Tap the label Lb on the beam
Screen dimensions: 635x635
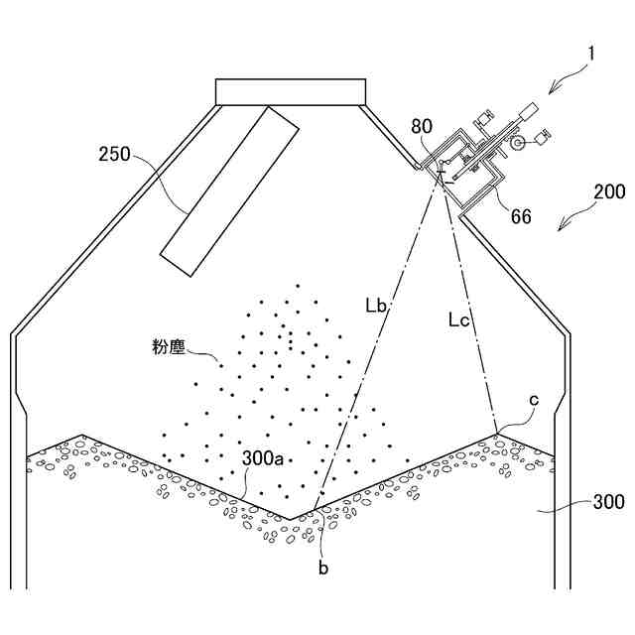point(376,306)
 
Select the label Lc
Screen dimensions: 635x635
point(459,319)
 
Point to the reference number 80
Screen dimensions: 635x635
point(423,126)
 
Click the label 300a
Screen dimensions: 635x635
point(264,457)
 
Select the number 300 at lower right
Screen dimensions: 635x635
point(607,503)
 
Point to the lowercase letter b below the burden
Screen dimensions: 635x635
point(322,568)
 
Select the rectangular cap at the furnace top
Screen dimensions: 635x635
point(291,90)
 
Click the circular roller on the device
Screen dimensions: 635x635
point(518,145)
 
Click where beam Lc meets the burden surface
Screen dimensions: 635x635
point(497,433)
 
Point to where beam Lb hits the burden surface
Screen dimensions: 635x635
point(318,507)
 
